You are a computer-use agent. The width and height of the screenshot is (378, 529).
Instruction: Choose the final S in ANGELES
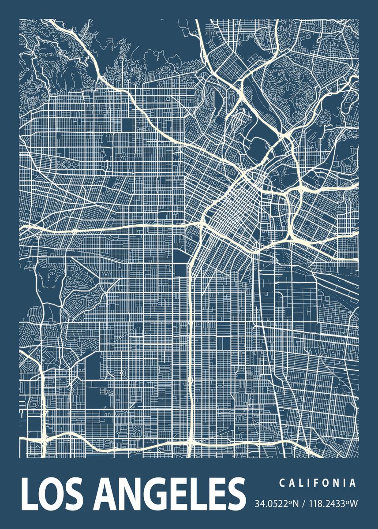coord(235,495)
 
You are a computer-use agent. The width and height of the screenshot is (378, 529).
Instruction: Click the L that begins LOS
coord(28,495)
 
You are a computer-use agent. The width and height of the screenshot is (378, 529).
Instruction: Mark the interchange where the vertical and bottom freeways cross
coord(190,441)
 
